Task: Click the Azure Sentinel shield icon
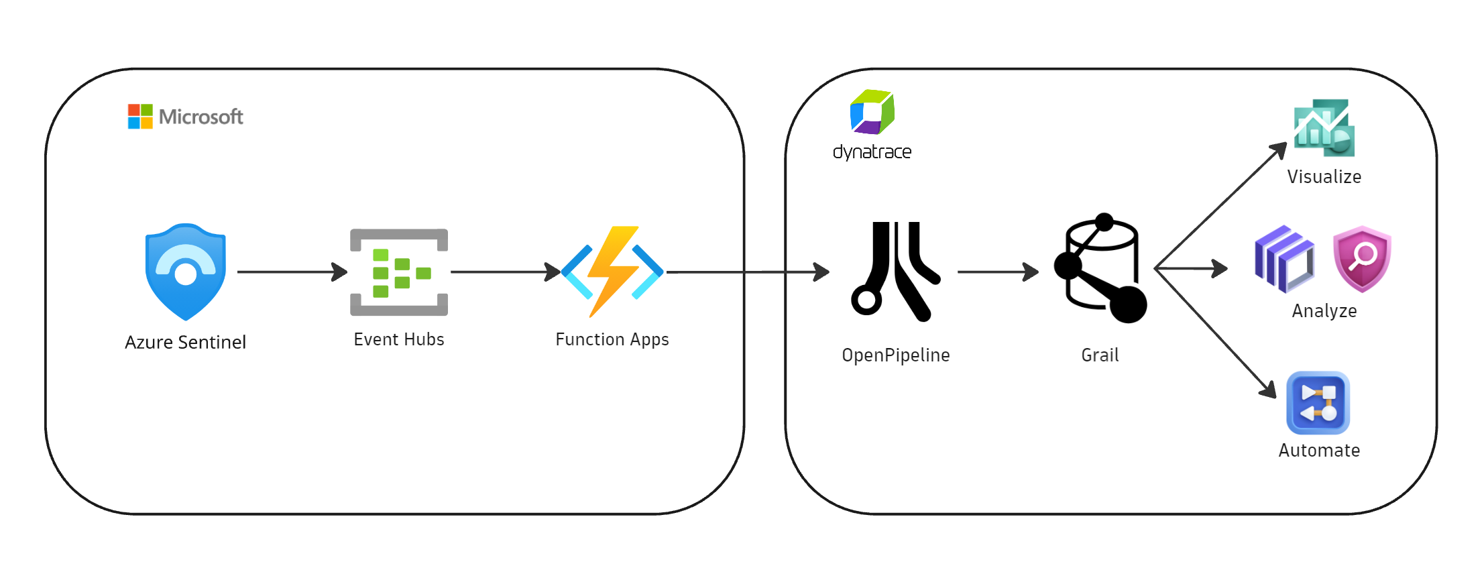(186, 272)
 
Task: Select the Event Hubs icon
(399, 272)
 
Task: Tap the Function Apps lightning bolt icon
(612, 271)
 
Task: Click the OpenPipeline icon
(895, 272)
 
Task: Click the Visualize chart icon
(1324, 128)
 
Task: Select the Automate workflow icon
(1318, 403)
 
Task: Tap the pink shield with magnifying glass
(1362, 259)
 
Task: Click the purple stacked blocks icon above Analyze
(1283, 260)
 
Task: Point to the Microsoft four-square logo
(140, 117)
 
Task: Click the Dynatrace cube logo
(872, 112)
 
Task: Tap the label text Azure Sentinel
(186, 342)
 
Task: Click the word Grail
(1100, 355)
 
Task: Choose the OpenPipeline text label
(896, 355)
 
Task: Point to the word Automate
(1319, 450)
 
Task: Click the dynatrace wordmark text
(872, 152)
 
